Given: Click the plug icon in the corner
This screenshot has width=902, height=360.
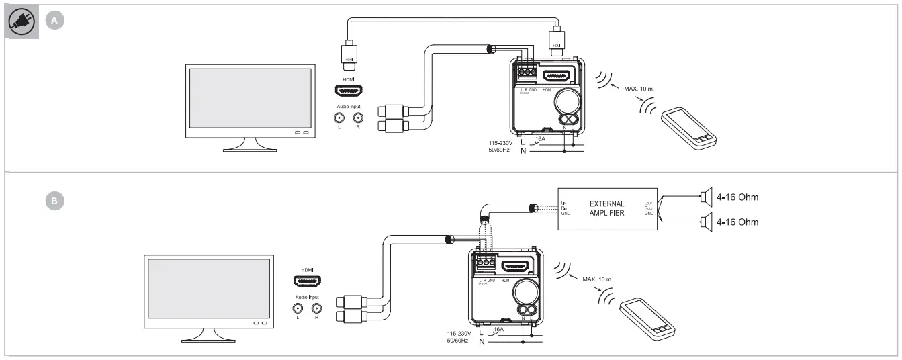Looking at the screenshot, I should point(20,22).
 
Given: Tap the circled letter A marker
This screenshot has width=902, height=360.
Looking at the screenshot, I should point(55,21).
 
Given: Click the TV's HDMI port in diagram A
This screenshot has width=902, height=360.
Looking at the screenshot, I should point(347,91).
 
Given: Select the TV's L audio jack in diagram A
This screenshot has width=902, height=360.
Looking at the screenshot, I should point(339,116).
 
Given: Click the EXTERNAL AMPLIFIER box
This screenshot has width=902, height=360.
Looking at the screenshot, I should point(606,209).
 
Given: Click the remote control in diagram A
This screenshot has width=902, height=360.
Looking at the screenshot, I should point(688,128).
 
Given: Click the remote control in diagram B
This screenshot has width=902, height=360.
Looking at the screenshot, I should point(647,316).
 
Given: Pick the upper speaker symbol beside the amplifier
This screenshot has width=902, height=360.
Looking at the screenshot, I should point(705,196).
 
